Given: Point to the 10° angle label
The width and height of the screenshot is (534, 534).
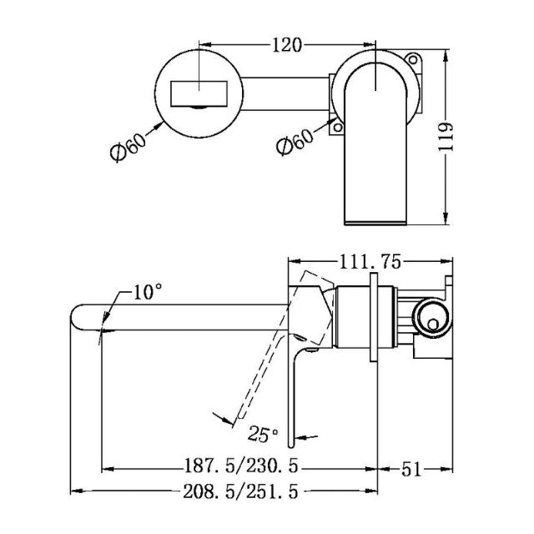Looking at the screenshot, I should tap(147, 293).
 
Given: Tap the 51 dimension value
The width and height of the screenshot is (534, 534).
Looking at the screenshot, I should tap(411, 468).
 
